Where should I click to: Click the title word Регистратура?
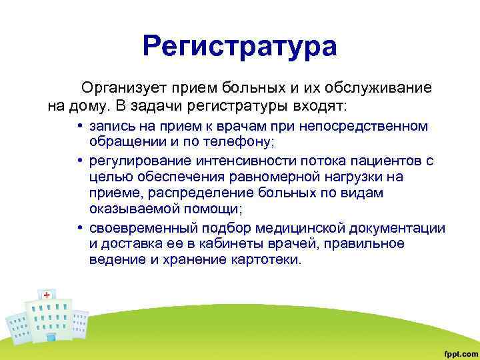[240, 47]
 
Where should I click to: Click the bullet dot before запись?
[79, 127]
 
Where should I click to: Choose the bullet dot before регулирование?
[79, 161]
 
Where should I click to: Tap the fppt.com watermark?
[459, 351]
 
